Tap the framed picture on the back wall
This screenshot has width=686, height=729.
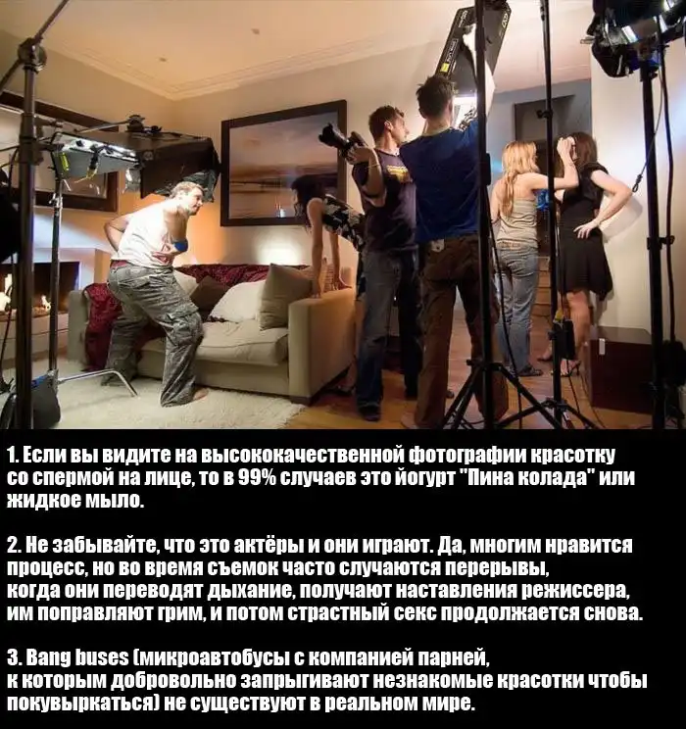pos(283,164)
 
